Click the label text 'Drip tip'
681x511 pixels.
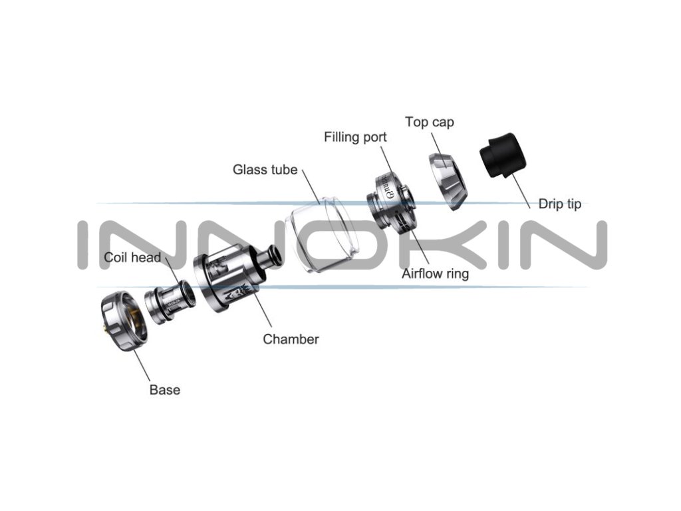point(559,204)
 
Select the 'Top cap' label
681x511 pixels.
point(430,122)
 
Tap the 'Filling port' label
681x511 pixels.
point(355,138)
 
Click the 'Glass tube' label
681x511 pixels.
point(265,170)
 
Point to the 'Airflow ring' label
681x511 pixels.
point(435,274)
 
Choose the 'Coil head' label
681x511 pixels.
point(132,257)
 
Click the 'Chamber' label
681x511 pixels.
point(291,339)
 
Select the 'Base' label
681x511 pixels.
point(164,390)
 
